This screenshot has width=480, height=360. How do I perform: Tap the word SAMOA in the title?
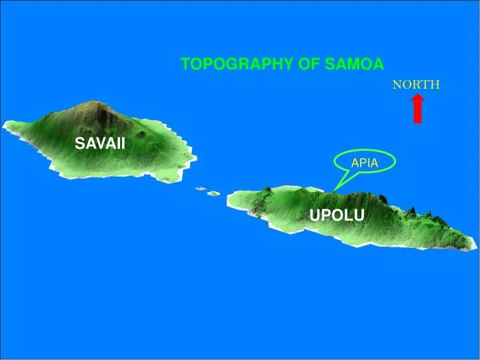tap(355, 64)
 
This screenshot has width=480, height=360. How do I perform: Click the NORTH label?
tap(416, 85)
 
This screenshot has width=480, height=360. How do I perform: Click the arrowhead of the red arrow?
tap(417, 99)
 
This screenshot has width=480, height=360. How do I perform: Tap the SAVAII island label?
tap(99, 143)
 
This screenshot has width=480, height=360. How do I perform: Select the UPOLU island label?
tap(337, 215)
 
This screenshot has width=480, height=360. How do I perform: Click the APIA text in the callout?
tap(365, 163)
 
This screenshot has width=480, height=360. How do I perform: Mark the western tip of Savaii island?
tap(5, 124)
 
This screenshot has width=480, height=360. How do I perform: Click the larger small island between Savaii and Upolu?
tap(213, 193)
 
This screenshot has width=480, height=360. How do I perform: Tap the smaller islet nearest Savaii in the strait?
tap(200, 189)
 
